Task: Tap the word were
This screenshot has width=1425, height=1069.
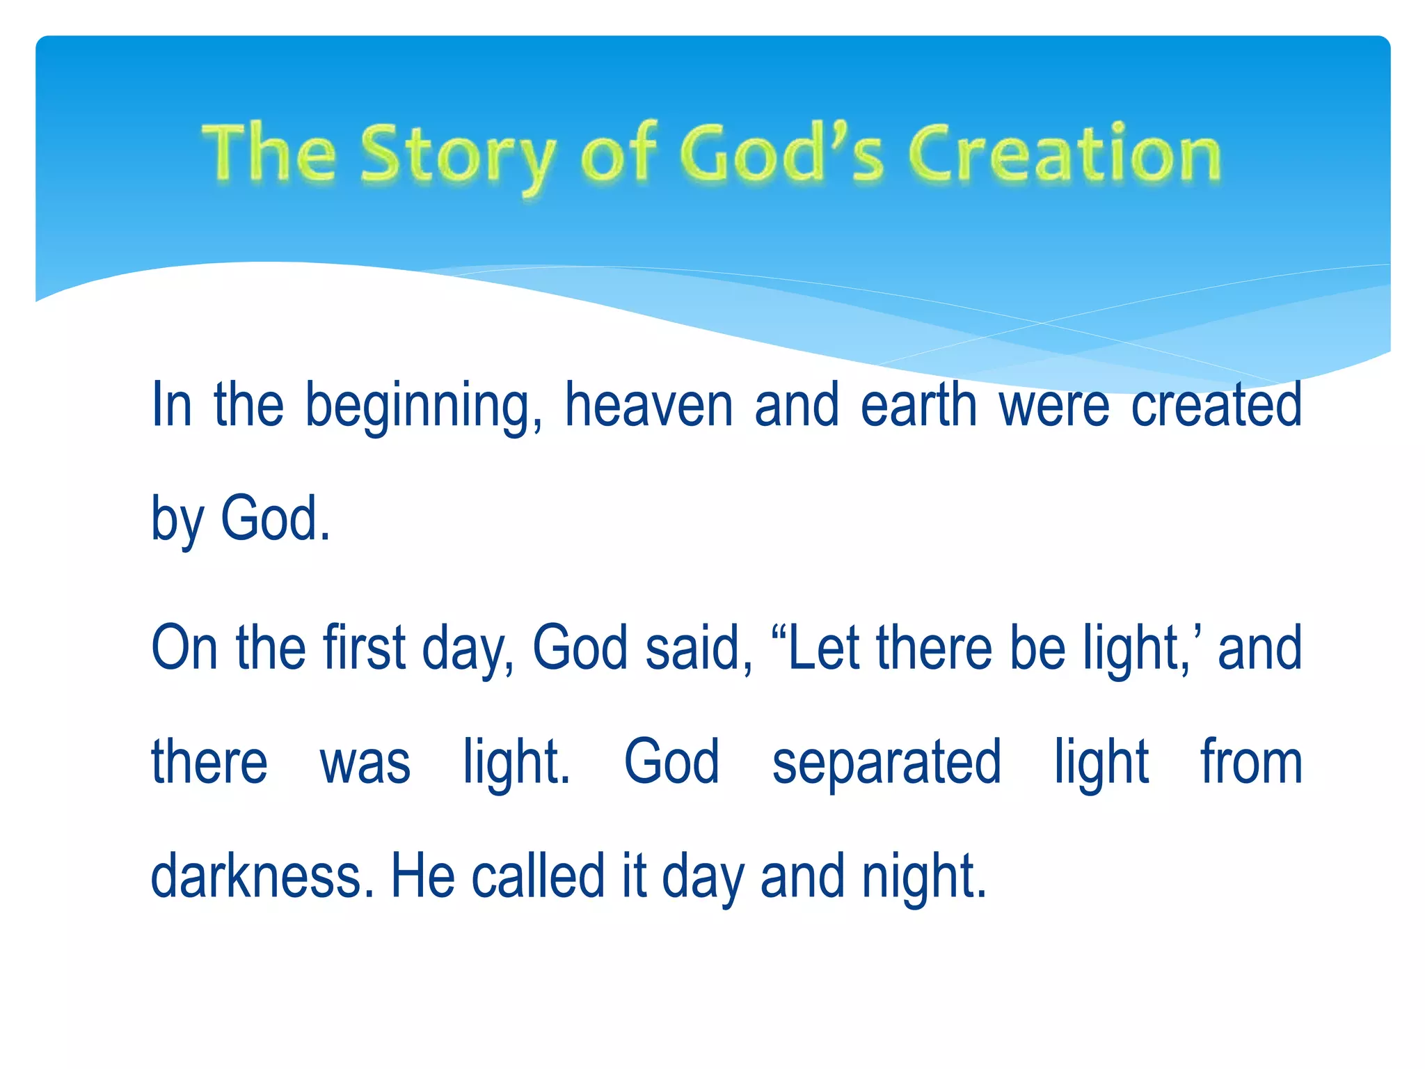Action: point(1053,406)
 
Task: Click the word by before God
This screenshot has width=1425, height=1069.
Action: point(177,519)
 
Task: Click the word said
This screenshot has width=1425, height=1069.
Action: point(699,647)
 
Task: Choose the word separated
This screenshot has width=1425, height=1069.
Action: point(886,762)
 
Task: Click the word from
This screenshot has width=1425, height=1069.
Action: point(1251,762)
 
